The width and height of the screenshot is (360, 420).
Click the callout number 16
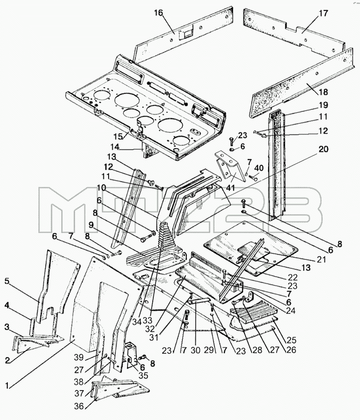click(158, 13)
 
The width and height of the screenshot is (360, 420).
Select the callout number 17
click(323, 13)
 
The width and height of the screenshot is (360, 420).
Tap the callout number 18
click(323, 92)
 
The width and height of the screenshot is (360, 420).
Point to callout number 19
click(323, 104)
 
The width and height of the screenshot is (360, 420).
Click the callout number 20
click(323, 149)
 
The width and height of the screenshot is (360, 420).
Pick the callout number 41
click(230, 187)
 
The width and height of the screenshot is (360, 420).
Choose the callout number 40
click(259, 168)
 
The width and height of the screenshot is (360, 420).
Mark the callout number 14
click(115, 147)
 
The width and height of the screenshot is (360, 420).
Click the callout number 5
click(7, 281)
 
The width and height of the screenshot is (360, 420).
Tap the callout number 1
click(7, 385)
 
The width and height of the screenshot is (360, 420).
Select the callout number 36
click(79, 406)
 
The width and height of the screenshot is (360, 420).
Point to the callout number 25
click(291, 340)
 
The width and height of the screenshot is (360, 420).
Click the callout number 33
click(147, 320)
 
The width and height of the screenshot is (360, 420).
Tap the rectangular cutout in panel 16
click(186, 34)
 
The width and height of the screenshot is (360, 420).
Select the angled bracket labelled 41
click(230, 166)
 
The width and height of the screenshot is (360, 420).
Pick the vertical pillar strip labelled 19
click(277, 165)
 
